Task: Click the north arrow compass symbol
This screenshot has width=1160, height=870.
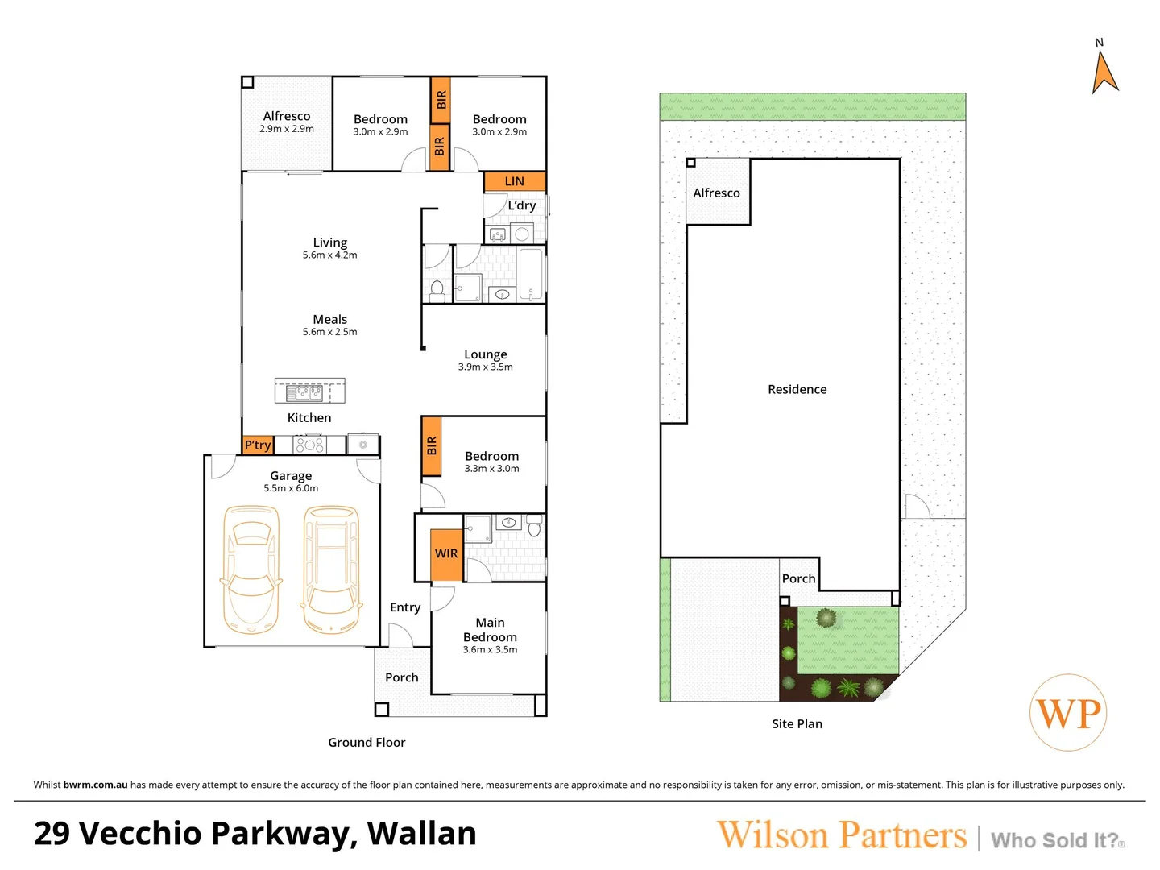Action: coord(1104,72)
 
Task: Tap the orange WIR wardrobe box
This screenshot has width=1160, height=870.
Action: coord(447,554)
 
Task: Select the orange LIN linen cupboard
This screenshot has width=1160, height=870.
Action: coord(515,181)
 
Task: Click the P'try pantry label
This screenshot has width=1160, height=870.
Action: coord(258,445)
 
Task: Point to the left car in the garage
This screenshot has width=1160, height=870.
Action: coord(251,569)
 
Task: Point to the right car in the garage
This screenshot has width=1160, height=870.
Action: coord(330,569)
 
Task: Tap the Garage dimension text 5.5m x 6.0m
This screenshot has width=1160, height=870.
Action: coord(291,488)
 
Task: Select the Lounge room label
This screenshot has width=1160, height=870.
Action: coord(486,354)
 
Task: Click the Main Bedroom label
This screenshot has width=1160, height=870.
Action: coord(490,630)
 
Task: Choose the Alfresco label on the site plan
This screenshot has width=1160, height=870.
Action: coord(716,193)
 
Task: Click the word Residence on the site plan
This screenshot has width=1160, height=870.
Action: coord(797,390)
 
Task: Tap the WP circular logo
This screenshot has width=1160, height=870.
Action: coord(1068,713)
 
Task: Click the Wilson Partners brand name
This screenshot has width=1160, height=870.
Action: coord(842,835)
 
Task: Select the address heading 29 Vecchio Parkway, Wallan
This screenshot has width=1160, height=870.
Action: coord(255,834)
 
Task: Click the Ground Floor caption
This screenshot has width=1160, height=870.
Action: coord(367,743)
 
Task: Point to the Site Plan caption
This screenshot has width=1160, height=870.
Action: coord(797,724)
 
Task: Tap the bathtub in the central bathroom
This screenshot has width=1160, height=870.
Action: coord(531,274)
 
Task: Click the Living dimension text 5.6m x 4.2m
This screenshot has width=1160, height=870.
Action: coord(329,255)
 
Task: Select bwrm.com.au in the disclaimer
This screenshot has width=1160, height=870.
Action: coord(95,785)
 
